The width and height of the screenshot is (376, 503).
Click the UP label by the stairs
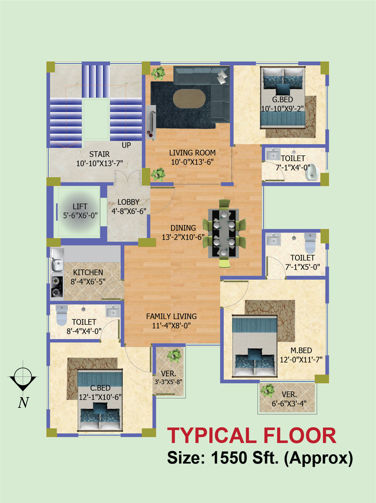pyautogui.click(x=126, y=145)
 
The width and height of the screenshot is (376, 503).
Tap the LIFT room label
pyautogui.click(x=80, y=206)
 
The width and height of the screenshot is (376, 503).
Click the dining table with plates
pyautogui.click(x=224, y=233)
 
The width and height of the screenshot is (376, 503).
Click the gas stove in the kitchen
pyautogui.click(x=57, y=287)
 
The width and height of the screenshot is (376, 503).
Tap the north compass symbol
pyautogui.click(x=23, y=376)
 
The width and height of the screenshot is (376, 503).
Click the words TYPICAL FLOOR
pyautogui.click(x=252, y=436)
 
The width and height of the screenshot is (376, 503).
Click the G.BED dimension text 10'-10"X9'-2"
pyautogui.click(x=283, y=109)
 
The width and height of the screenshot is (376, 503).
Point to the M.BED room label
pyautogui.click(x=301, y=350)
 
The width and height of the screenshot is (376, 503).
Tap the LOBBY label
pyautogui.click(x=129, y=202)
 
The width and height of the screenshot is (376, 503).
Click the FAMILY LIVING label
pyautogui.click(x=171, y=316)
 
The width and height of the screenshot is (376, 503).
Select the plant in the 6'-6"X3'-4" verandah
pyautogui.click(x=267, y=391)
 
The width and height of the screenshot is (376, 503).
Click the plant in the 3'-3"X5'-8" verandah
pyautogui.click(x=174, y=355)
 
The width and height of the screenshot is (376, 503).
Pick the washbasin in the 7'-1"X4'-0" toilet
pyautogui.click(x=273, y=154)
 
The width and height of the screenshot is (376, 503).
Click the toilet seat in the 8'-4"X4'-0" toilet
pyautogui.click(x=62, y=315)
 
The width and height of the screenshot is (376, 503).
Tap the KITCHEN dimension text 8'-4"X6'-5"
pyautogui.click(x=88, y=282)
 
